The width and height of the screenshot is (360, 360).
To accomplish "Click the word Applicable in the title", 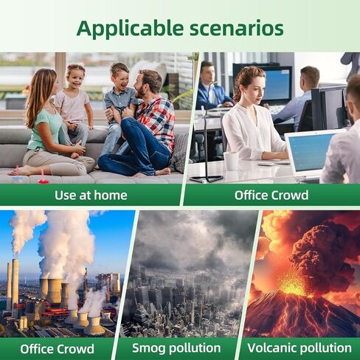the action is (x=130, y=29).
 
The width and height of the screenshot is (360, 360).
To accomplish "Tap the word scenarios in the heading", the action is (x=237, y=29).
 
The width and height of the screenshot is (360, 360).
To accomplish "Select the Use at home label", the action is (x=91, y=195).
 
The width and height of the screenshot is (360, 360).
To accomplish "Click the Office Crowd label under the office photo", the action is (x=271, y=195).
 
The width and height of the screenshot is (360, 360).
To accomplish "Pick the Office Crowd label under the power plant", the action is (x=57, y=349).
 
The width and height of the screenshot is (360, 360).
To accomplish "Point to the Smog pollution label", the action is (x=176, y=348).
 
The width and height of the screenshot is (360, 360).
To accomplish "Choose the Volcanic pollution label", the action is (x=300, y=348).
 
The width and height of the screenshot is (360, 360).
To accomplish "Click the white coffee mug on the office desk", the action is (x=231, y=161).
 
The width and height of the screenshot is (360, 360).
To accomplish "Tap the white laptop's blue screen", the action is (x=308, y=152).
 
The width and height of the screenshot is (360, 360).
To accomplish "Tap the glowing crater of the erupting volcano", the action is (x=293, y=285).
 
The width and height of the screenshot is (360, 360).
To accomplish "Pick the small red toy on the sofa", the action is (x=44, y=181).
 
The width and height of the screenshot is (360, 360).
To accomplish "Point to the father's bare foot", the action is (x=162, y=171).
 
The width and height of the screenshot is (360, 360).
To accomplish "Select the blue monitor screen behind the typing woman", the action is (x=279, y=84).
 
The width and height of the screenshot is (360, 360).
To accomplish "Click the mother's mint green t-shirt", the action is (x=46, y=131).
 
